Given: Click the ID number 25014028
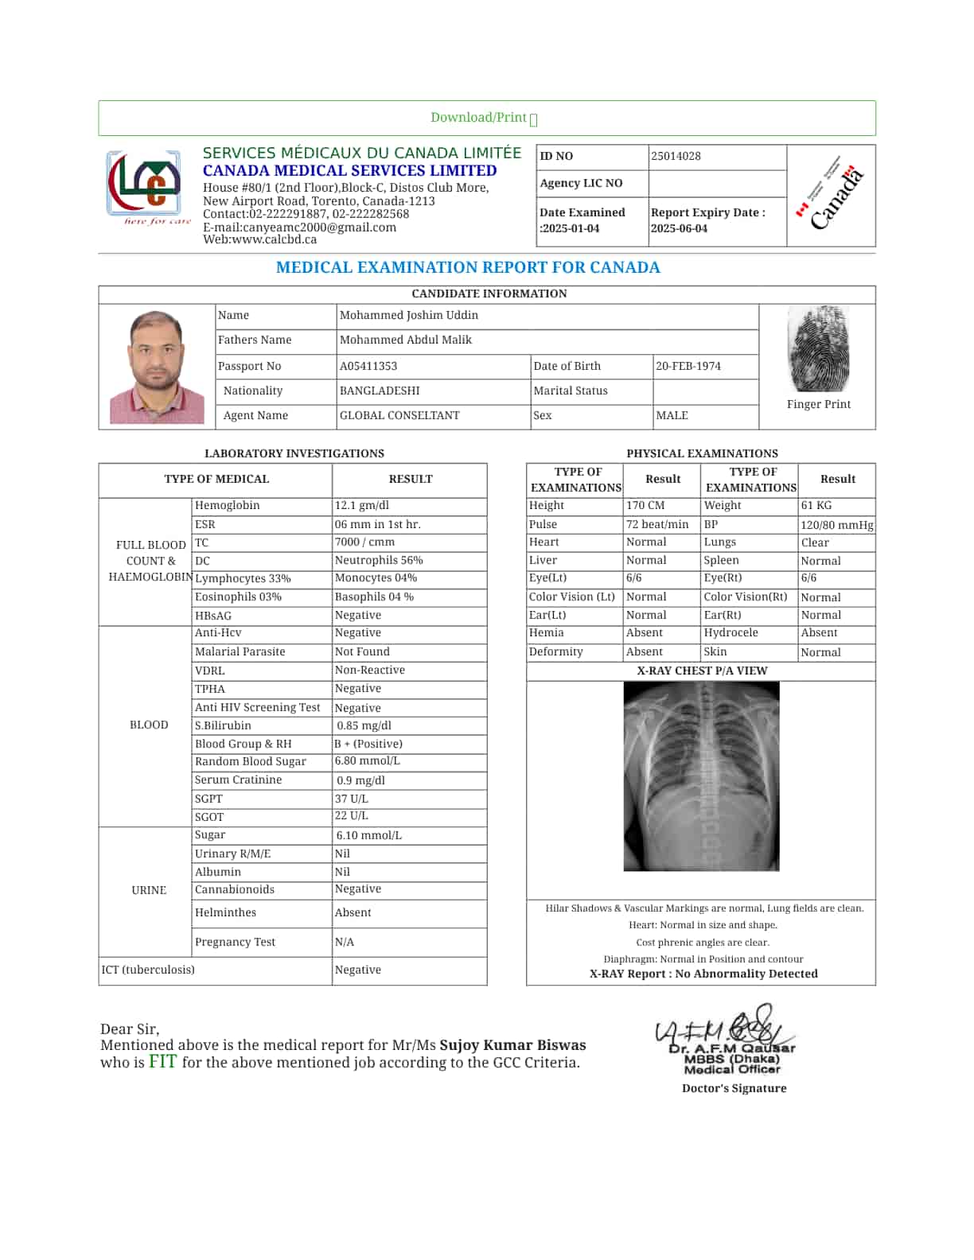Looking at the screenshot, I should point(676,156).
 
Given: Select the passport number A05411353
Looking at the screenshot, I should point(368,366).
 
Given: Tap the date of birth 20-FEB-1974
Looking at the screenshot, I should point(688,366).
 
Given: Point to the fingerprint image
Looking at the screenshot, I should point(818,348).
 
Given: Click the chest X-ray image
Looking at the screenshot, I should point(701,776).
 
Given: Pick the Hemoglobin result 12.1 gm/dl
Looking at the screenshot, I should point(362,506).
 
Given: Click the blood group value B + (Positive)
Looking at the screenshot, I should point(368,744).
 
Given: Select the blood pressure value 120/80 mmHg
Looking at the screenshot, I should point(836,525).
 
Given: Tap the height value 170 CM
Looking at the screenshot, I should point(645,506).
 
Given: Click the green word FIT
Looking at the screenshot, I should point(162,1061).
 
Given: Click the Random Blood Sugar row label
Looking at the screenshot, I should point(250,762).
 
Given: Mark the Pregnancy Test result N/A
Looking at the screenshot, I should point(344,942).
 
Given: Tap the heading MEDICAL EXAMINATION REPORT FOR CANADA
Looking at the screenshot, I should point(468,268).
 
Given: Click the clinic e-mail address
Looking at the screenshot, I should point(299,227).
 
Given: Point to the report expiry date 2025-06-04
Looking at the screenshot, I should point(679,228).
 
